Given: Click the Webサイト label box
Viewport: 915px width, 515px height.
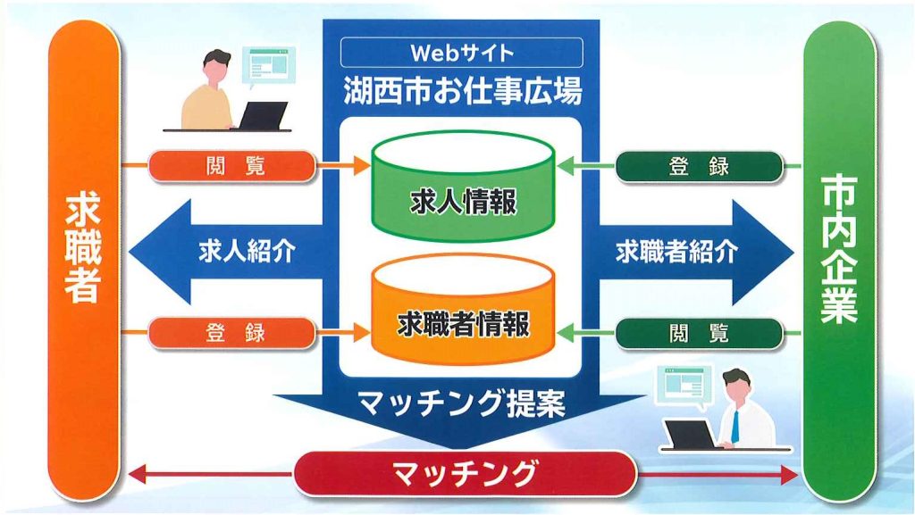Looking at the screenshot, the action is (x=462, y=53).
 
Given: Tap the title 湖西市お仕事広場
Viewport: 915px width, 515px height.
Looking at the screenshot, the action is (x=462, y=91).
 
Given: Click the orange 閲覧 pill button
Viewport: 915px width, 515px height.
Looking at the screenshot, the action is (x=232, y=166).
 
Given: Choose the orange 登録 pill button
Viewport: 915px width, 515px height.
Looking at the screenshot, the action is (x=232, y=333).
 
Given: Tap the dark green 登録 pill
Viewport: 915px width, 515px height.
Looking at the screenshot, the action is (x=699, y=167).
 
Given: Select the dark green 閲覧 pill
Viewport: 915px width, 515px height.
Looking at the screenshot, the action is (x=699, y=334).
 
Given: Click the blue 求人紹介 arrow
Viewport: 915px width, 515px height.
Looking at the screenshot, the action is (x=226, y=252).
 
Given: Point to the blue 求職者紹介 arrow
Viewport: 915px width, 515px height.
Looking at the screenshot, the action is (x=695, y=253).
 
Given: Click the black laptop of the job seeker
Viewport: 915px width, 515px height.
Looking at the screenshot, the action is (x=262, y=116).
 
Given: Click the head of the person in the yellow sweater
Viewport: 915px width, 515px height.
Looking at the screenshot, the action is (x=216, y=67).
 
